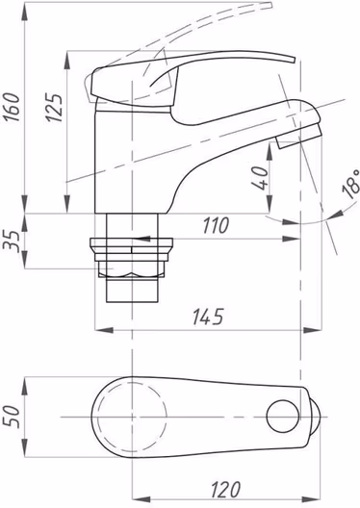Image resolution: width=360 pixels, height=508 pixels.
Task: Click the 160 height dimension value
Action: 12,107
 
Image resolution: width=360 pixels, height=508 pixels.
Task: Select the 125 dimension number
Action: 53,108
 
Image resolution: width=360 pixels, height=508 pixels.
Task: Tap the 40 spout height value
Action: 260,179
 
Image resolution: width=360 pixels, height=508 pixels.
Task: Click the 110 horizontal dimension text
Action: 216,225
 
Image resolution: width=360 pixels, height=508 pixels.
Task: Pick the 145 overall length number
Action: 208,317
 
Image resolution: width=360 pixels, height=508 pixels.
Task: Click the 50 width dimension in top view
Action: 12,417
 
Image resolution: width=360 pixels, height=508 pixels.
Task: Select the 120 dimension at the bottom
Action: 226,489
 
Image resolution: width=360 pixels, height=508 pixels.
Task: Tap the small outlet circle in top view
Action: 283,417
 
